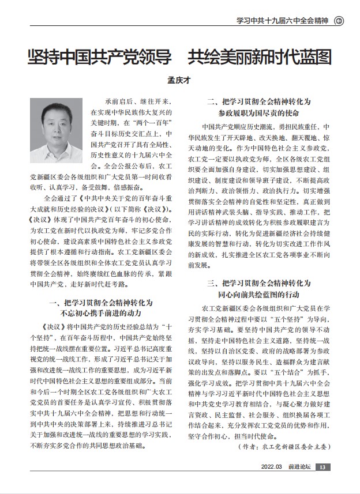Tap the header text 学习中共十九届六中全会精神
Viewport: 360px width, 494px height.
[x=282, y=22]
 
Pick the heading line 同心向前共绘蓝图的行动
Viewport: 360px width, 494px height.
[x=260, y=294]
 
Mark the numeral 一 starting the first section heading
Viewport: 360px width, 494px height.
[x=50, y=303]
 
